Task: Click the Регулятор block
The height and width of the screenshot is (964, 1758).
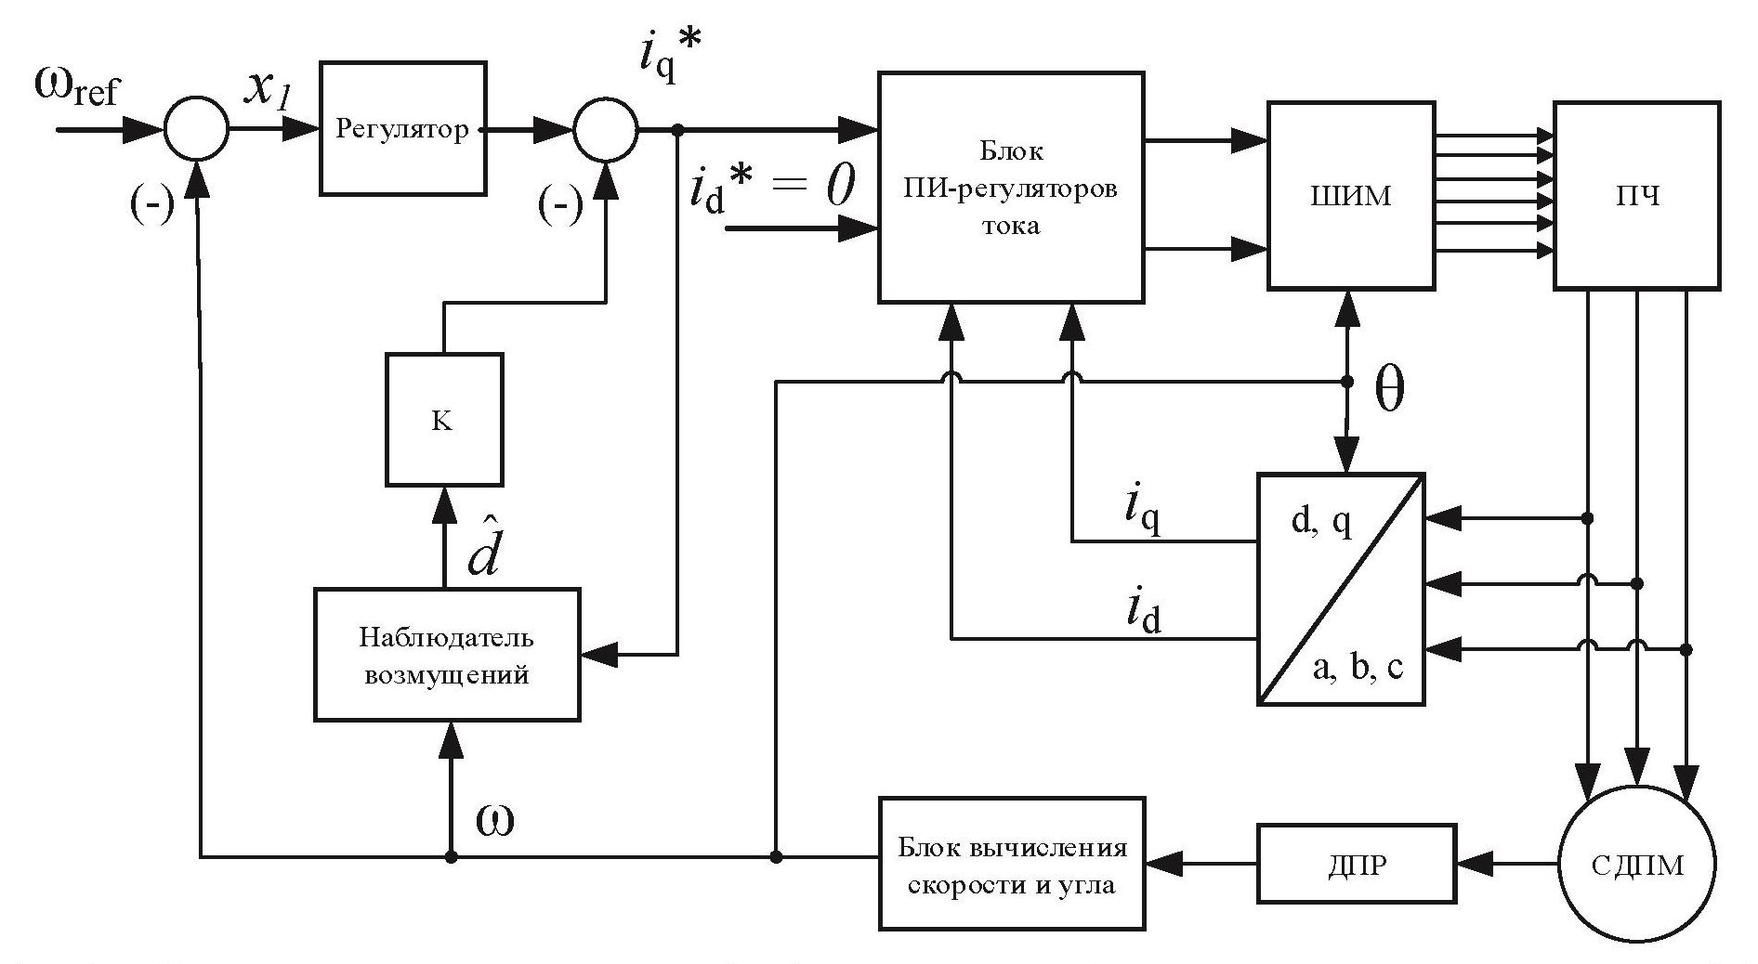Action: pyautogui.click(x=402, y=128)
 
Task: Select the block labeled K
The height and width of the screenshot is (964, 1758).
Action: pyautogui.click(x=443, y=420)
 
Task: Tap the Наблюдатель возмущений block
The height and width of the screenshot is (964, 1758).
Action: pyautogui.click(x=446, y=655)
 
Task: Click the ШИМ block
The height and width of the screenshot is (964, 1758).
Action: pyautogui.click(x=1350, y=196)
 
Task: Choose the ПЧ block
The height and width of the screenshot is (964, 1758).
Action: pyautogui.click(x=1636, y=196)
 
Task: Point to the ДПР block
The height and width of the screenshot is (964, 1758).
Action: pyautogui.click(x=1358, y=865)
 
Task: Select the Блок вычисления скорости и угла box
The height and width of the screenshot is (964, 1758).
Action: pyautogui.click(x=1011, y=864)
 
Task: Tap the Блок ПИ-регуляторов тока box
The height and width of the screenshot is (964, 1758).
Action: pyautogui.click(x=1011, y=188)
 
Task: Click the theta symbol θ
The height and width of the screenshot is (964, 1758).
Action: pyautogui.click(x=1388, y=393)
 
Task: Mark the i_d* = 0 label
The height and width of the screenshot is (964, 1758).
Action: pyautogui.click(x=770, y=191)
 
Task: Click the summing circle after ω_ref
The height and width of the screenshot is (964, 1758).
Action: pyautogui.click(x=196, y=129)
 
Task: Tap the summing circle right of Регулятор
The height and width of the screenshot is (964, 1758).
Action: pyautogui.click(x=606, y=129)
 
